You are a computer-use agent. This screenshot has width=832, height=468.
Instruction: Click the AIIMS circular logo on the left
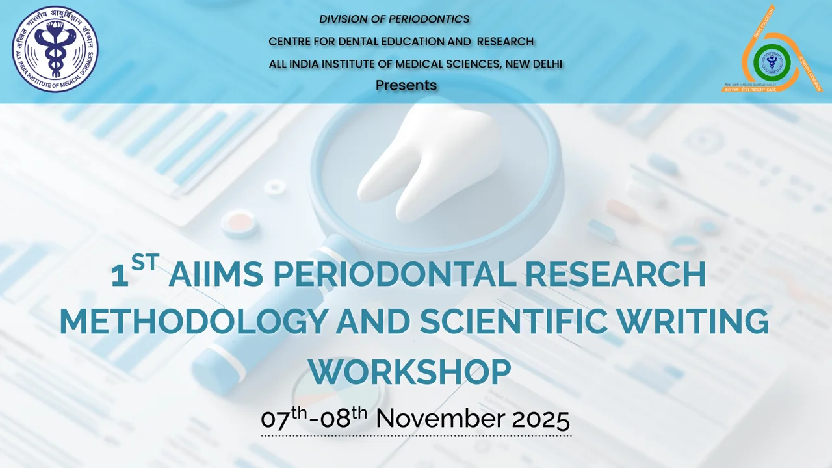(x=55, y=49)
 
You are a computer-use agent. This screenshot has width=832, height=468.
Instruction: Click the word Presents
(x=406, y=85)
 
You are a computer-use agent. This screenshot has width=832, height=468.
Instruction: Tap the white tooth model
(x=429, y=162)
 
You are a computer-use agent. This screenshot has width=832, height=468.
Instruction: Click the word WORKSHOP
(x=409, y=372)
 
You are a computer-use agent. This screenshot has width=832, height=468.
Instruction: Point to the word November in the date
(x=441, y=419)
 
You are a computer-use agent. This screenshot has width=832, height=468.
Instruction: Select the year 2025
(x=541, y=419)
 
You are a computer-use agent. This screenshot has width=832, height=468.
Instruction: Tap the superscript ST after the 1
(x=145, y=262)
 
